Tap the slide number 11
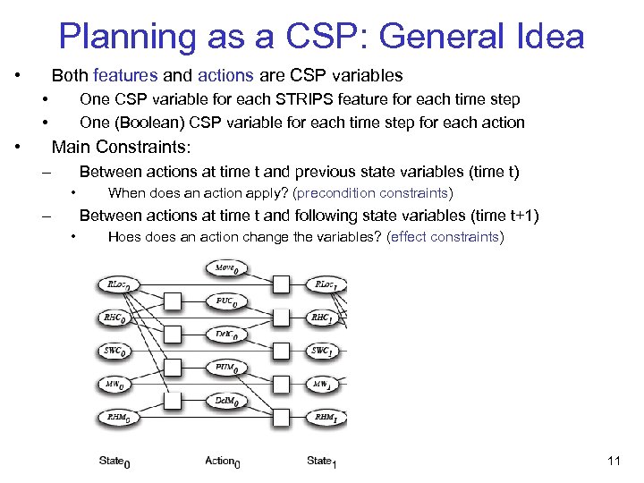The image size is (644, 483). tap(613, 461)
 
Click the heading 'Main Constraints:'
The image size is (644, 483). tap(121, 147)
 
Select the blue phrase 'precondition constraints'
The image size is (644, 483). tap(373, 193)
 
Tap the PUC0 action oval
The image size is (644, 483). tap(227, 301)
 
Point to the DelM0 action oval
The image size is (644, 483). tap(227, 401)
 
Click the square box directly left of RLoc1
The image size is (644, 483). tap(281, 284)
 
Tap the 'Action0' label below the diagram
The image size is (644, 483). tap(223, 461)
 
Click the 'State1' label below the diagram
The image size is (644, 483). tap(321, 461)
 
